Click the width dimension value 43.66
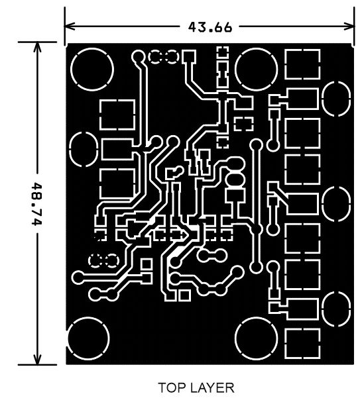210,27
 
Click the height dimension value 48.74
37,204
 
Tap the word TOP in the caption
172,387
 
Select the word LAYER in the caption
212,387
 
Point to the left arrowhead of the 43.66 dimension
70,26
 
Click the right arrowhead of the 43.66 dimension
349,26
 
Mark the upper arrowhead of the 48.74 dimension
38,47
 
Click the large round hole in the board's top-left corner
92,69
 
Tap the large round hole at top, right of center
256,69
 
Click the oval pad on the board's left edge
84,150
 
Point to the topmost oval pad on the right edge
336,99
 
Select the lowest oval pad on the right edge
336,309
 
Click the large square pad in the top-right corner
302,64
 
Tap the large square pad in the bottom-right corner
302,344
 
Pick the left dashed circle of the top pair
155,57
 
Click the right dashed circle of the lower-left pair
112,260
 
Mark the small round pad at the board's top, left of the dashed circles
138,56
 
